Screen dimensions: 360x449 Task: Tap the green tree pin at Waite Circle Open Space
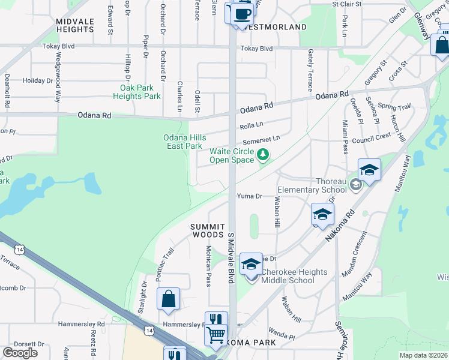pyautogui.click(x=262, y=155)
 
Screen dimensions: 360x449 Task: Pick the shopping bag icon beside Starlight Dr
pyautogui.click(x=168, y=298)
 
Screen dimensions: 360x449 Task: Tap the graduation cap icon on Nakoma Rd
pyautogui.click(x=322, y=214)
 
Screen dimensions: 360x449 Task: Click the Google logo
pyautogui.click(x=20, y=352)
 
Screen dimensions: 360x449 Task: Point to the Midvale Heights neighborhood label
pyautogui.click(x=75, y=25)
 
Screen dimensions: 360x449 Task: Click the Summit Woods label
pyautogui.click(x=207, y=230)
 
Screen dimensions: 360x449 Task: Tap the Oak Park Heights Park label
pyautogui.click(x=137, y=92)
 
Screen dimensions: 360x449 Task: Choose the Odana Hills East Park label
pyautogui.click(x=184, y=142)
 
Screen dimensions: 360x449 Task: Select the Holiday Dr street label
pyautogui.click(x=38, y=80)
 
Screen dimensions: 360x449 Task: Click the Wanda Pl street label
pyautogui.click(x=282, y=337)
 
